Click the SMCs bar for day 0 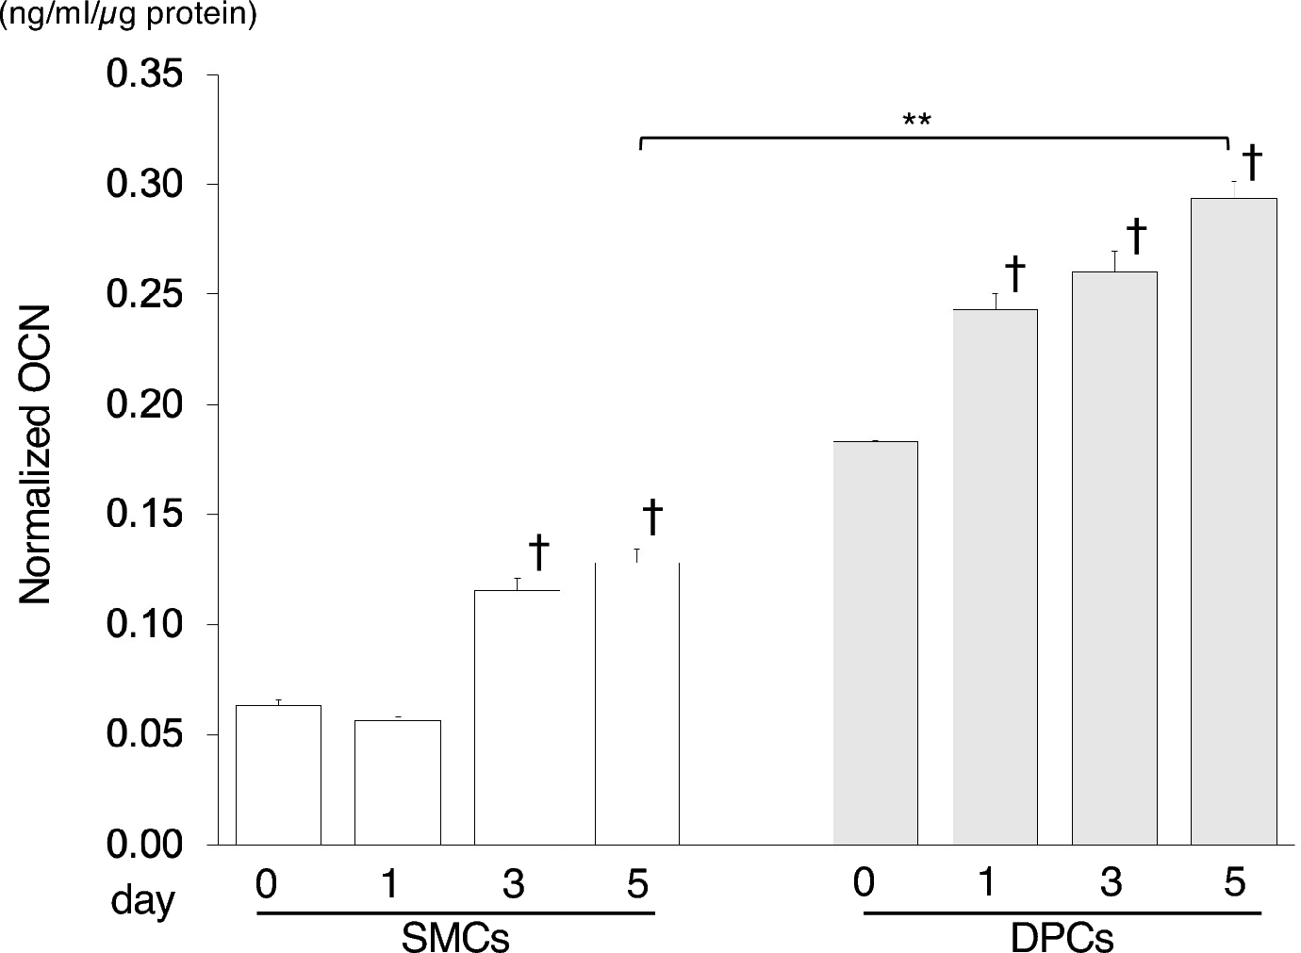point(278,774)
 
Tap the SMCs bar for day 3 point(517,716)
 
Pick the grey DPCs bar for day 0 point(875,642)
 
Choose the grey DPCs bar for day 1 point(995,576)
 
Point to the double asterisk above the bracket point(916,122)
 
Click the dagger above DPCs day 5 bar point(1252,162)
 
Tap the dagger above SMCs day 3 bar point(538,552)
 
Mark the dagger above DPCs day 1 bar point(1014,273)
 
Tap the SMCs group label point(455,938)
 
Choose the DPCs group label point(1062,938)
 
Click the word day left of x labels point(142,901)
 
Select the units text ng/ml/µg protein point(129,16)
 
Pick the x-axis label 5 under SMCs point(637,884)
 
